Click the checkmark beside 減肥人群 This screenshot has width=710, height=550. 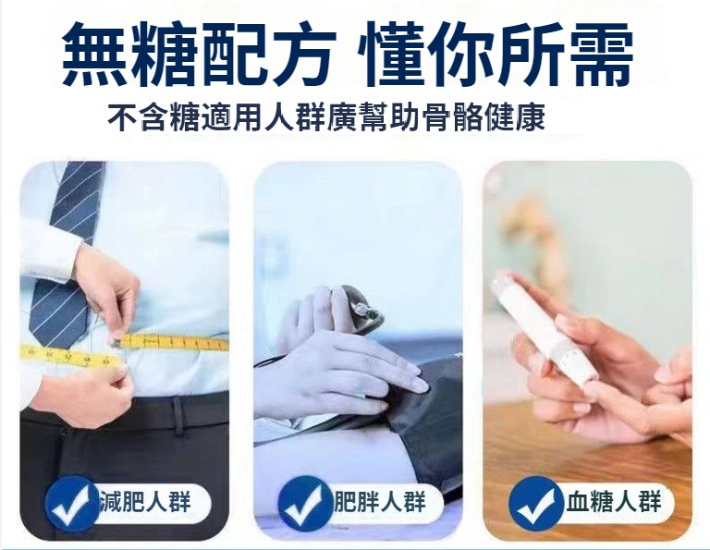point(72,503)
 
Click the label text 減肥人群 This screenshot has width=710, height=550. point(146,501)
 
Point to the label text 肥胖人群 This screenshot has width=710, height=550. point(379,501)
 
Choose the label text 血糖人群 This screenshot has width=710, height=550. point(614,501)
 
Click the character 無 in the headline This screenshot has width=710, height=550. point(94,54)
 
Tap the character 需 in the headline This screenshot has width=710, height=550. point(600,54)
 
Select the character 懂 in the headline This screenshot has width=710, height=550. point(392,54)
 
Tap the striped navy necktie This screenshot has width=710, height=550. point(67,253)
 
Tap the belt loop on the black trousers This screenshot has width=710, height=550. point(177,415)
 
